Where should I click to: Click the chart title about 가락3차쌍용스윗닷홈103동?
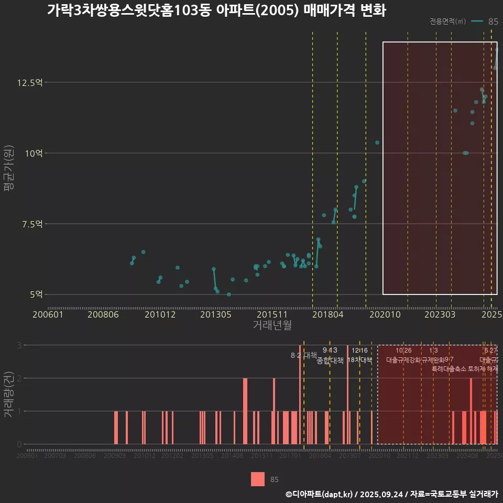click(x=216, y=10)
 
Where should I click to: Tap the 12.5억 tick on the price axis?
click(x=31, y=83)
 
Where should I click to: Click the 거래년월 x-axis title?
click(x=272, y=325)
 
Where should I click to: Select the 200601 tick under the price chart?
click(x=48, y=314)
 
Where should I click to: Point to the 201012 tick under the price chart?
click(x=160, y=314)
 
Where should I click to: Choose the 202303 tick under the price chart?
click(x=440, y=314)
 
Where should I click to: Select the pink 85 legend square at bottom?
click(x=258, y=479)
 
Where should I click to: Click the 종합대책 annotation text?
click(x=330, y=360)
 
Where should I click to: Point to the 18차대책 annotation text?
click(x=359, y=360)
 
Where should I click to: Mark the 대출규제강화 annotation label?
click(x=403, y=360)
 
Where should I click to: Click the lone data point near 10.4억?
click(x=377, y=143)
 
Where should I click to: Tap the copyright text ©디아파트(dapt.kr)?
click(x=320, y=494)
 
